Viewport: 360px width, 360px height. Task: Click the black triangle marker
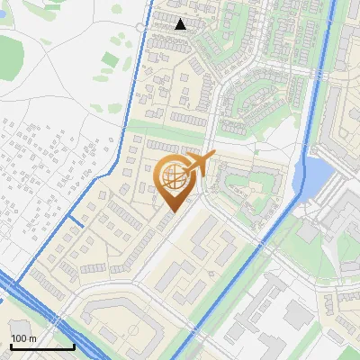pos(181,24)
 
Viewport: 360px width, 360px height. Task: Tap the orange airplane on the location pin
pos(199,163)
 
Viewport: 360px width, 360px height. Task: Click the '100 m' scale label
pos(23,338)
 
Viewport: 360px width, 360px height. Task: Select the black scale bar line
pos(42,346)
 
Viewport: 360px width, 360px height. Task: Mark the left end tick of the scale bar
pos(11,345)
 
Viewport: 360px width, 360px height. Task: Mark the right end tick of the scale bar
pos(74,345)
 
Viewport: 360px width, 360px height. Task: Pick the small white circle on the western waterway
pos(140,28)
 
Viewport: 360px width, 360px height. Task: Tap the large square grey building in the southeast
pos(298,314)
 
